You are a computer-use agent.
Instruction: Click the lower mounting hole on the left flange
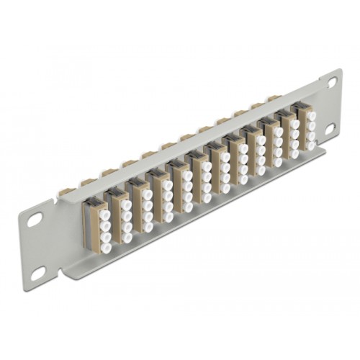pos(38,272)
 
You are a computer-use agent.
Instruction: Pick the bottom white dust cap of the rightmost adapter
pos(312,145)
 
